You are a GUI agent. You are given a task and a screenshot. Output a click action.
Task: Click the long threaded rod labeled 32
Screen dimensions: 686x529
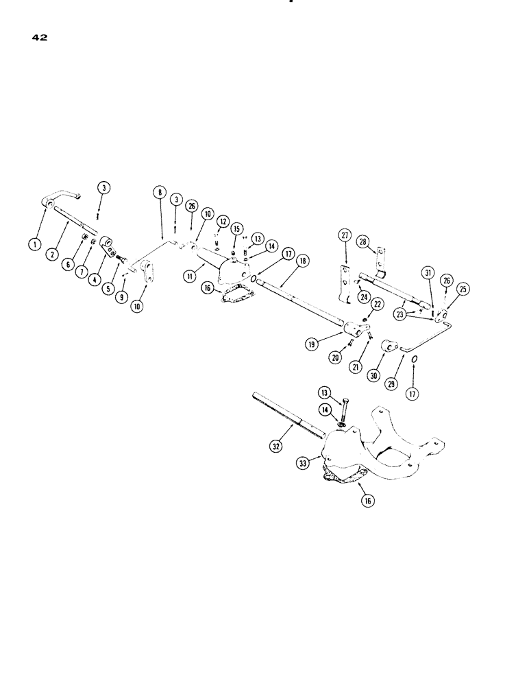pyautogui.click(x=288, y=414)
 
